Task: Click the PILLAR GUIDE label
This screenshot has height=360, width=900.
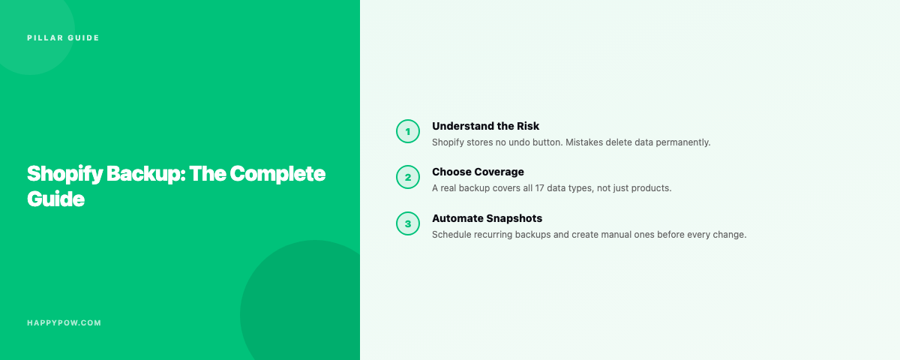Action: click(x=63, y=37)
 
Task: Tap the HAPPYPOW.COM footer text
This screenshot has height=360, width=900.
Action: click(x=64, y=322)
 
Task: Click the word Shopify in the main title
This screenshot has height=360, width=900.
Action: click(x=64, y=174)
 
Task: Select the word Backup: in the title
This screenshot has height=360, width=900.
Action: click(x=145, y=174)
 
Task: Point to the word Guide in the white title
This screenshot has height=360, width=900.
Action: click(x=55, y=199)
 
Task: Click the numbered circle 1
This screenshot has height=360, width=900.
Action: click(x=408, y=131)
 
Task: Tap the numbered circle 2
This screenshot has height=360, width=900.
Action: click(x=408, y=177)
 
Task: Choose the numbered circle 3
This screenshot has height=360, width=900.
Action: click(x=408, y=223)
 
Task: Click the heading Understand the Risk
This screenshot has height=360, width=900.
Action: click(x=485, y=126)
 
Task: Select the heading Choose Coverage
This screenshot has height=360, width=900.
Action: click(x=478, y=172)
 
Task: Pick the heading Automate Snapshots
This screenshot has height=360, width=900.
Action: click(x=487, y=218)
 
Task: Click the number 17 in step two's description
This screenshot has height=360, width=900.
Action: click(x=539, y=188)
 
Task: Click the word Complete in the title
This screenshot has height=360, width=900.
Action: click(x=277, y=174)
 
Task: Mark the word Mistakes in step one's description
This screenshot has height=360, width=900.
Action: click(x=584, y=142)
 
